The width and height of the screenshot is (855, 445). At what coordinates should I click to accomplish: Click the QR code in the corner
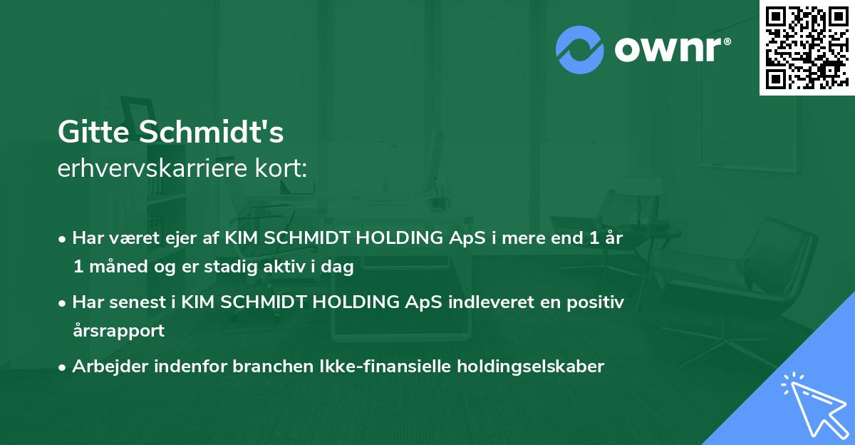[807, 48]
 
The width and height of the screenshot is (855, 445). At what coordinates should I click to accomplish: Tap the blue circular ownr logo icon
[580, 50]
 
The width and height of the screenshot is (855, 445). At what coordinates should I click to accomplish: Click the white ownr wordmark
[668, 49]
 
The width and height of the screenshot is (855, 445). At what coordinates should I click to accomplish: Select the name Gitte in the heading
[93, 132]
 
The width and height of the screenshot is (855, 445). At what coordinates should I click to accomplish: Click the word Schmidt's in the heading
[211, 132]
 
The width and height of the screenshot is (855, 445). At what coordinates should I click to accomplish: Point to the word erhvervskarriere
[152, 168]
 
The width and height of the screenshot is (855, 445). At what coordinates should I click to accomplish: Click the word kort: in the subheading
[281, 168]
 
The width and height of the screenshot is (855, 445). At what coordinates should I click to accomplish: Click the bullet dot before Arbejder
[62, 367]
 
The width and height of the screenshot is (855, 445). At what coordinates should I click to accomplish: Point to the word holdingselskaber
[531, 366]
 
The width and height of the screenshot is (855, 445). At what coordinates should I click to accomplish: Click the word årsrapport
[119, 330]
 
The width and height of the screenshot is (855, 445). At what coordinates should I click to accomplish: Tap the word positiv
[596, 302]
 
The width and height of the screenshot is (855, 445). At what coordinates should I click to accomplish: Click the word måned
[118, 266]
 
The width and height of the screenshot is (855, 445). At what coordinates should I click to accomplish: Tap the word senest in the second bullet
[138, 302]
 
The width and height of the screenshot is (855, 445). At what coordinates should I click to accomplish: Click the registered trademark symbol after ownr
[727, 41]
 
